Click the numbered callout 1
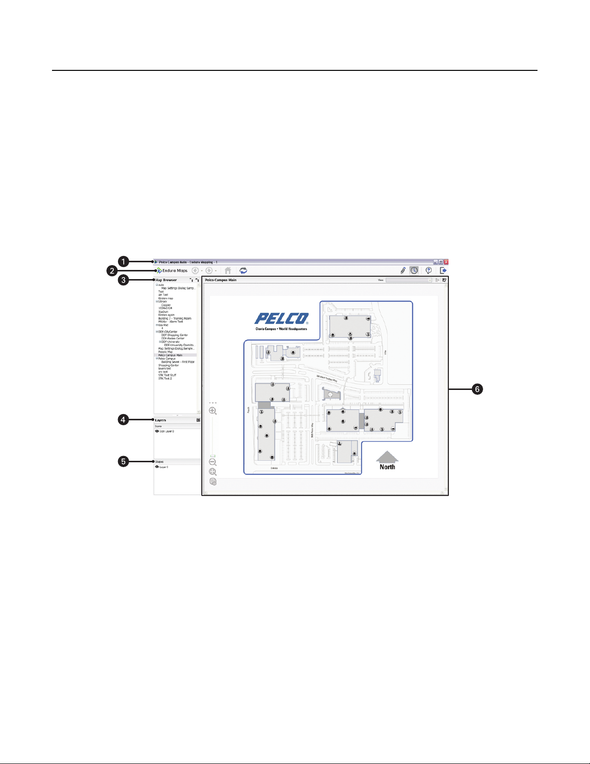pos(124,262)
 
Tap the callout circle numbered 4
pos(124,420)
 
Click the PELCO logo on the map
pos(281,319)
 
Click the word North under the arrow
pos(387,467)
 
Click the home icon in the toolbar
pos(228,271)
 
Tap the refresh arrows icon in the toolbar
pos(244,271)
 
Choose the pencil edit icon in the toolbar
pos(403,271)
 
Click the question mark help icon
pos(428,271)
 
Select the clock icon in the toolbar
pos(414,271)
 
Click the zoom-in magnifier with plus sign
pos(212,411)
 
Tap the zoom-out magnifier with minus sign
pos(212,462)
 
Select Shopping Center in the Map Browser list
pos(169,365)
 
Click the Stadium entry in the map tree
pos(163,312)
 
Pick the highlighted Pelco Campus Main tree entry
pos(170,355)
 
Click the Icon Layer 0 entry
pos(167,431)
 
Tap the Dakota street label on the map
pos(274,468)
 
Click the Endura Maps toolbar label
pos(175,271)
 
